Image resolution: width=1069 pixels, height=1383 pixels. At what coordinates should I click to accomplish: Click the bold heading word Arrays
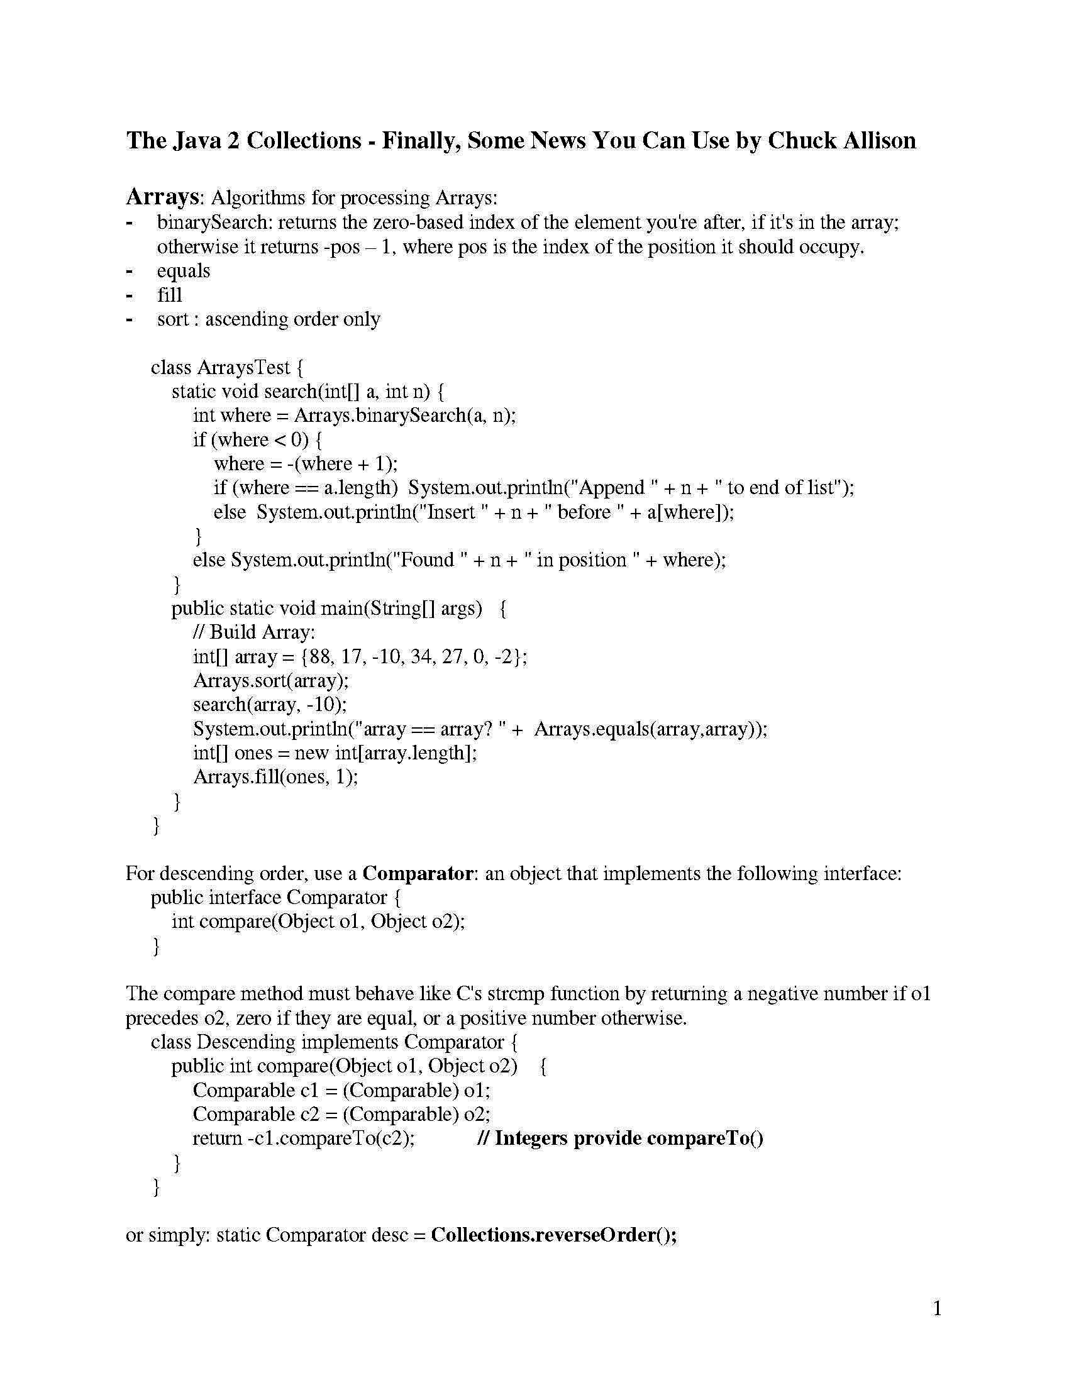(163, 197)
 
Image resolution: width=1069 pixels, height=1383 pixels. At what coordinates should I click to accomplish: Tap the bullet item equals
(183, 270)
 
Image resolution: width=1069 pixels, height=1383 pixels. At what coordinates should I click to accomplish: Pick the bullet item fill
(169, 294)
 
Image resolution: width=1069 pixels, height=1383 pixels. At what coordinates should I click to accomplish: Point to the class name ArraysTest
(244, 367)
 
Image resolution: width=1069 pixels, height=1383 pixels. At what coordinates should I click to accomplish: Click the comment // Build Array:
(254, 632)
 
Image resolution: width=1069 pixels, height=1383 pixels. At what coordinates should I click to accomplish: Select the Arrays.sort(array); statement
(271, 680)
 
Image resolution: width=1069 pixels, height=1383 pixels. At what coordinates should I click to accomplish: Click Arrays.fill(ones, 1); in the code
(275, 776)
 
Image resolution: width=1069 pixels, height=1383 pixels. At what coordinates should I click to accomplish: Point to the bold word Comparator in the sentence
(418, 873)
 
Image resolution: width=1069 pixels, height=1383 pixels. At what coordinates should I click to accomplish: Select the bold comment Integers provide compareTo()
(629, 1138)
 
